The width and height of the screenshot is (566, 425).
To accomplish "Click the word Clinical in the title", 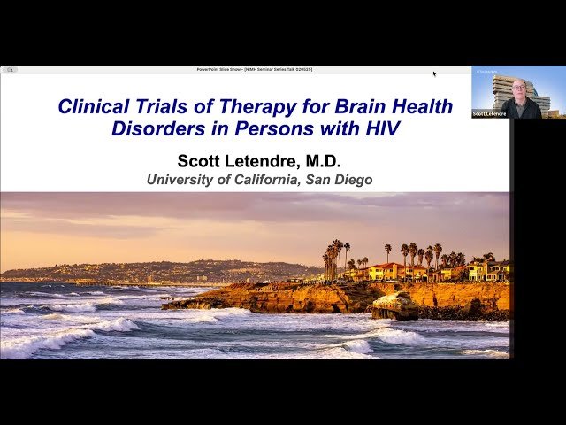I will point(92,107).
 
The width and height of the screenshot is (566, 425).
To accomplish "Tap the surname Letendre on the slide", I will point(266,160).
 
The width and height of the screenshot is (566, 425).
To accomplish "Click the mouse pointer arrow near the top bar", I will point(434,74).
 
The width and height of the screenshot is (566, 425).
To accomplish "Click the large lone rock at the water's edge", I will point(395,306).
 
